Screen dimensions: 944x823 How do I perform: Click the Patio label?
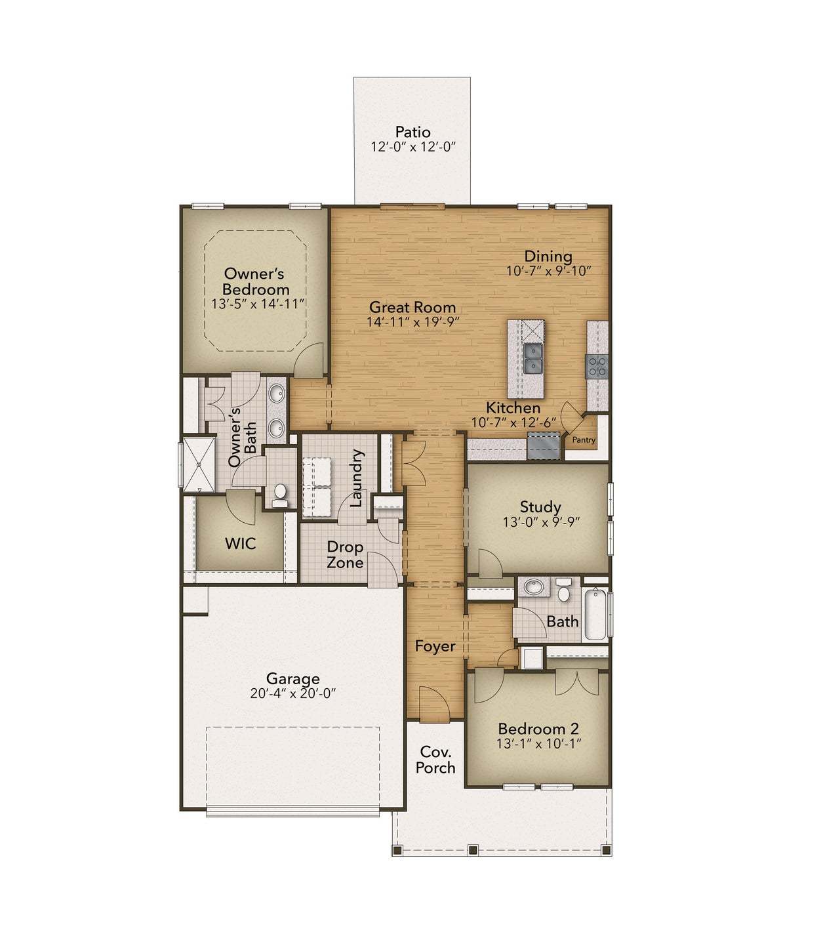[412, 132]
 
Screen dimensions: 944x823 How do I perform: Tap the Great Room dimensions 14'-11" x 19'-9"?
[412, 321]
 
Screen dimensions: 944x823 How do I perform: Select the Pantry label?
[583, 440]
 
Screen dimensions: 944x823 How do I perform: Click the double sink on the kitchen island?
[532, 358]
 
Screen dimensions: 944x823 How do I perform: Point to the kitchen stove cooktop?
[597, 365]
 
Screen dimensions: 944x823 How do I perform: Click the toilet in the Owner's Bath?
[280, 495]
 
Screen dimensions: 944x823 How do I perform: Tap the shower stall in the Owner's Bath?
[199, 464]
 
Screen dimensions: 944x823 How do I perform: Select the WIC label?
[240, 543]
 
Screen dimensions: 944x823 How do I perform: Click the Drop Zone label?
[345, 554]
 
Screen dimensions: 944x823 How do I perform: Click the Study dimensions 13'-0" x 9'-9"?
[541, 522]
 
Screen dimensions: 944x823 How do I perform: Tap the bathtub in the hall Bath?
[595, 615]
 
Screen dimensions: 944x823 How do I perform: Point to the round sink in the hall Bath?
[536, 586]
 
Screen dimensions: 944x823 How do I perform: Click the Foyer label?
[435, 646]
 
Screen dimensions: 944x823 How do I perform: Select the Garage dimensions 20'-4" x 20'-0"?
[292, 693]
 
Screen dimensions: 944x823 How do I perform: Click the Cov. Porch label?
[435, 760]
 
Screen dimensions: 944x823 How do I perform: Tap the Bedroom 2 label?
[538, 728]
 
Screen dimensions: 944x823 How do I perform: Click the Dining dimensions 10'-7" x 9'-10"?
[548, 270]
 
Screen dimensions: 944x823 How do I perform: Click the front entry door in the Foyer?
[433, 703]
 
